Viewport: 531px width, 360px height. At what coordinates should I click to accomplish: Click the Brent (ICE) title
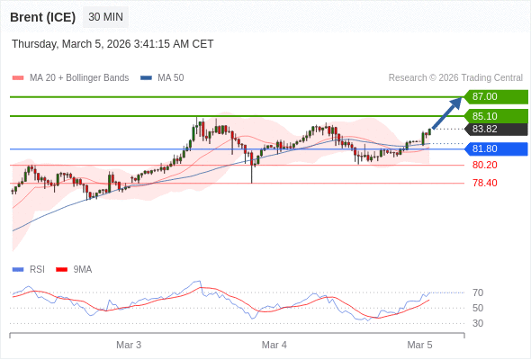coord(42,17)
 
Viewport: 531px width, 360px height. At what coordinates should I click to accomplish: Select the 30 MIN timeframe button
coord(106,17)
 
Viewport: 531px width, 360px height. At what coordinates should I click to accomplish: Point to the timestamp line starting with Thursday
coord(112,44)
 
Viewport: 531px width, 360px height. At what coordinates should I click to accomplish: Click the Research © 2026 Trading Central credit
coord(455,78)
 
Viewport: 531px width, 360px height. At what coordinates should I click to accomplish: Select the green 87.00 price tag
coord(495,96)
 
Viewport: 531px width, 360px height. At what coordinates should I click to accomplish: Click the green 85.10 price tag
coord(495,116)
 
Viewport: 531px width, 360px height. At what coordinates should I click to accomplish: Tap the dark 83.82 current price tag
coord(495,129)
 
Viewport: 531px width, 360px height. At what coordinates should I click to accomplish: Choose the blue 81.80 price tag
coord(495,148)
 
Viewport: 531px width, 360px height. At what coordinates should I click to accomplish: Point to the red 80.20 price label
coord(484,165)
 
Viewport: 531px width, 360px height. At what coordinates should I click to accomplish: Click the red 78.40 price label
coord(484,183)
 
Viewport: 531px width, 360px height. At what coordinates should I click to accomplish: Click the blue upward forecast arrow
coord(447,113)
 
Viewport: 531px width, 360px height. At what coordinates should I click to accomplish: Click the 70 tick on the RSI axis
coord(478,292)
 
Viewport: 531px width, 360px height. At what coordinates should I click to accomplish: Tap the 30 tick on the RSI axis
coord(478,323)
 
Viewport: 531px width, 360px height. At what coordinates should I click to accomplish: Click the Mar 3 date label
coord(129,345)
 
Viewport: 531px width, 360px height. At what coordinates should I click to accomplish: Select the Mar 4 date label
coord(274,345)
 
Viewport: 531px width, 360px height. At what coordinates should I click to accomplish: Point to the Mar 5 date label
coord(419,345)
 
